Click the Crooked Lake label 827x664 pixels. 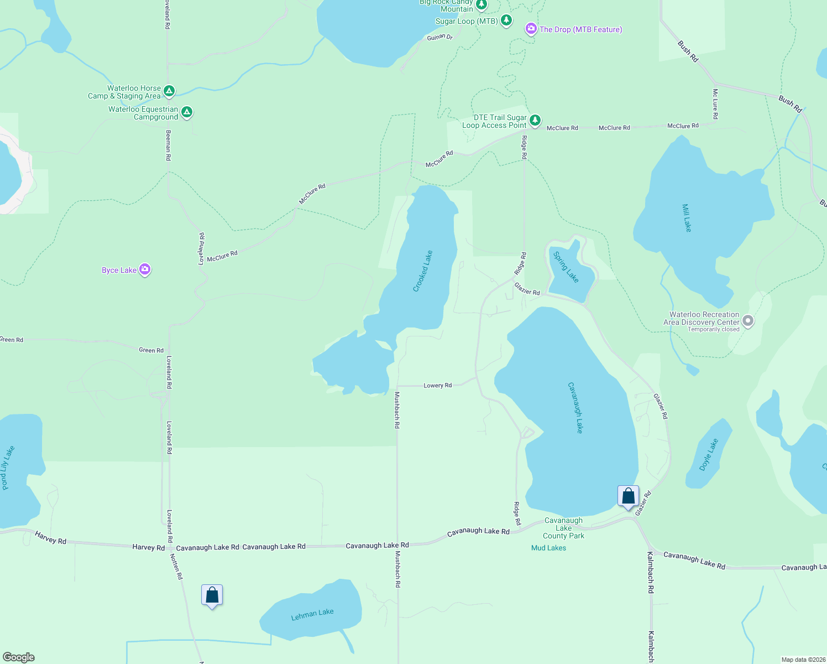pos(423,271)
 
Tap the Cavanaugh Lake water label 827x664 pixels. pos(575,407)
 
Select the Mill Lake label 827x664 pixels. pos(687,218)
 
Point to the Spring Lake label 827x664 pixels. pos(566,267)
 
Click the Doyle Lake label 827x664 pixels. pos(709,455)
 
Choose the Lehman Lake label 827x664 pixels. pos(312,614)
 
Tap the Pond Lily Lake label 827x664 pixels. pos(8,468)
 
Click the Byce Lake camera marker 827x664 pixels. pos(145,269)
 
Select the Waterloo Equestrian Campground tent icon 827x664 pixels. pos(187,112)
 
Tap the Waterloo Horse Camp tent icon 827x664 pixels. pos(169,91)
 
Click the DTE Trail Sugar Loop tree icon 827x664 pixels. pos(535,120)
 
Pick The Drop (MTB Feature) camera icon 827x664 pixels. pos(531,29)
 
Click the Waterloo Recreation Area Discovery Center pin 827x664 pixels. pos(748,321)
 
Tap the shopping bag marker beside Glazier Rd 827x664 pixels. pos(628,496)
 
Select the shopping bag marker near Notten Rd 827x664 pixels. pos(212,595)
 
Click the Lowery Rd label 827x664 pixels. pos(437,386)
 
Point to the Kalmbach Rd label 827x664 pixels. pos(651,572)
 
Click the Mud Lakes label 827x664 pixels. pos(548,548)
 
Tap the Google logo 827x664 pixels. pos(18,657)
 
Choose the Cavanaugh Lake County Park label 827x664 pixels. pos(563,528)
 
